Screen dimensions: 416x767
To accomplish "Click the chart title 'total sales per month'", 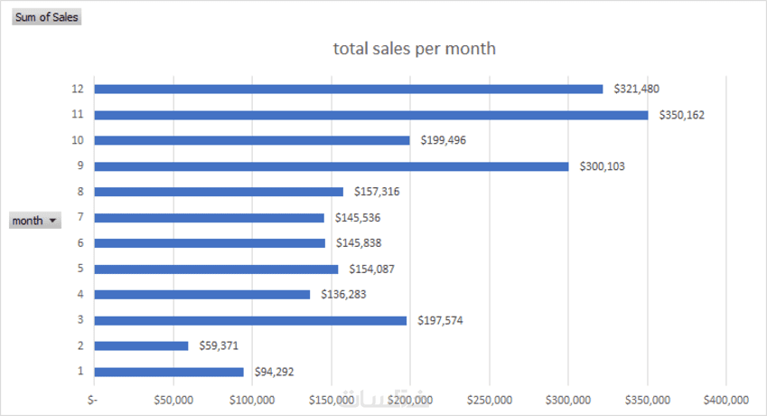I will click(x=414, y=49).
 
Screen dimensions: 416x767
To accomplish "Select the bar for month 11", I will click(x=370, y=115).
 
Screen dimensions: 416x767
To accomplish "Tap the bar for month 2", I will click(x=141, y=345).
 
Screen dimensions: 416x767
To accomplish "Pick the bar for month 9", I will click(x=331, y=166).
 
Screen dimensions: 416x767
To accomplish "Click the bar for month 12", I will click(x=348, y=89).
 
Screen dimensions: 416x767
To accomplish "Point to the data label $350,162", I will click(x=684, y=115).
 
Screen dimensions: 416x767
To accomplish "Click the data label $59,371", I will click(x=220, y=346).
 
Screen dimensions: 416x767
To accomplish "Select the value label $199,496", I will click(x=442, y=140).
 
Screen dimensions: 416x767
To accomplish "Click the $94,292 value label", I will click(x=274, y=372).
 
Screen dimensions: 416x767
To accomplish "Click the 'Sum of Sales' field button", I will click(x=46, y=17).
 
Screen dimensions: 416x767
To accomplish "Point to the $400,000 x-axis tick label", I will click(x=726, y=400).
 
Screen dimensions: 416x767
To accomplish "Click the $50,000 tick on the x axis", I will click(x=173, y=400).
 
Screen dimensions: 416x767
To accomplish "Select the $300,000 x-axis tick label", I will click(x=568, y=400).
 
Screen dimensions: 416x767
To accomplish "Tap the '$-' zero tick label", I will click(x=94, y=400).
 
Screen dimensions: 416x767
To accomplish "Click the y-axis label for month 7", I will click(x=80, y=218).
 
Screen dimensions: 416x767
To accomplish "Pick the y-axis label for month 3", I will click(x=80, y=320).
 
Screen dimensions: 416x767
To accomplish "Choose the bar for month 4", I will click(x=201, y=295).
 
